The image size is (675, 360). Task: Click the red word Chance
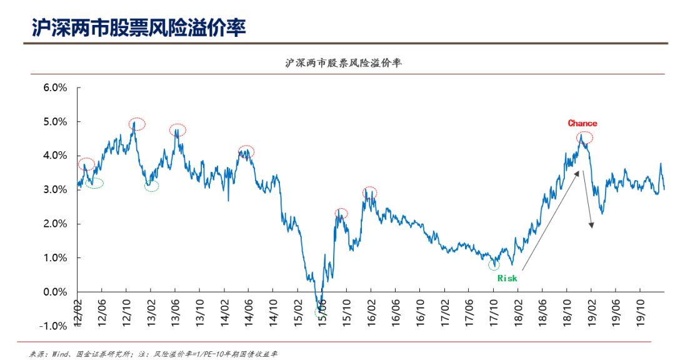582,123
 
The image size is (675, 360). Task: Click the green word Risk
507,278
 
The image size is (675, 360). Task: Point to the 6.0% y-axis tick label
54,87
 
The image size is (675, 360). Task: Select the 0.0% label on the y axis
54,292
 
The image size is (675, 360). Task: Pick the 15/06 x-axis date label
322,312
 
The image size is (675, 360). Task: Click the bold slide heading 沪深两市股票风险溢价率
139,27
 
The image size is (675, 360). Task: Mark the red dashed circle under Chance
584,138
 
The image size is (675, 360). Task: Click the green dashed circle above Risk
494,264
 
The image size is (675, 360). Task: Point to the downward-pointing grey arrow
587,199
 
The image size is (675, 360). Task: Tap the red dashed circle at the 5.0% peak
137,124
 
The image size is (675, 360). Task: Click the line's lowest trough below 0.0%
321,306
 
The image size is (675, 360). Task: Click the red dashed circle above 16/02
370,192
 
